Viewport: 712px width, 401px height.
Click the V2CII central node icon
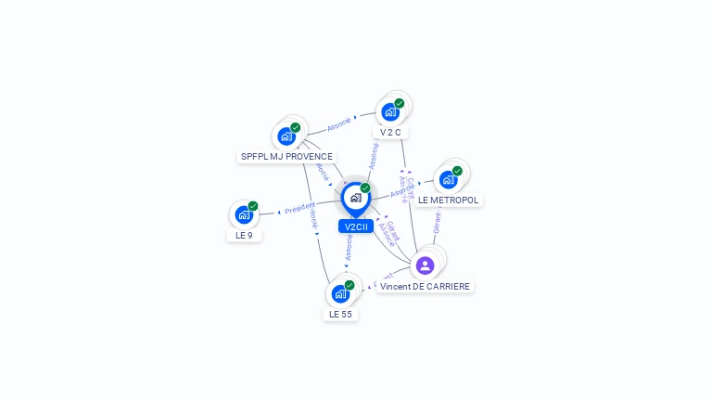click(355, 198)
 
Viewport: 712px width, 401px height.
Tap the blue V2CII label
click(356, 226)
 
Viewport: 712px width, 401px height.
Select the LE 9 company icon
click(244, 215)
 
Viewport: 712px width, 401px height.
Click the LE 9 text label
click(244, 236)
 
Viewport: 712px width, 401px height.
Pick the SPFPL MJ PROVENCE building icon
click(286, 136)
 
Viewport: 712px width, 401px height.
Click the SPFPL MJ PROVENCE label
click(286, 157)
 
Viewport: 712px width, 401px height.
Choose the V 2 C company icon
click(390, 112)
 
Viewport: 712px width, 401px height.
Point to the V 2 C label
click(390, 133)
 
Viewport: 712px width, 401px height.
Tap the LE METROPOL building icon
click(449, 179)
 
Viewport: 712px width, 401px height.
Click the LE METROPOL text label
click(449, 200)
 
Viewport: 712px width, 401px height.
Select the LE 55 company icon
click(340, 294)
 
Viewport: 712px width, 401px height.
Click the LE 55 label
click(340, 315)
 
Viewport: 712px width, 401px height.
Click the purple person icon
click(426, 265)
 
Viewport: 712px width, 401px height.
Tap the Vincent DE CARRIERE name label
click(425, 287)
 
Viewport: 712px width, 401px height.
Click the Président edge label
click(300, 208)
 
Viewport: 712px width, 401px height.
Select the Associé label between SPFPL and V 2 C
click(339, 123)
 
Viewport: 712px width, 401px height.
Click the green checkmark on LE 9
click(253, 206)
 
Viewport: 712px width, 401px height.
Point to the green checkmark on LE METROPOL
click(457, 171)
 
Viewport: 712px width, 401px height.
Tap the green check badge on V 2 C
click(400, 103)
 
